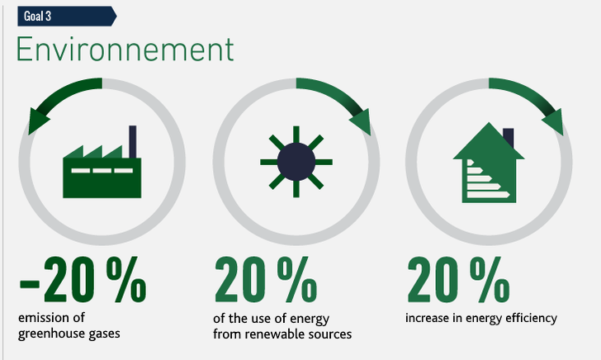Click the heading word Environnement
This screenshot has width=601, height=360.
point(125,49)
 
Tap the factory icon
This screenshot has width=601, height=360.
point(102,162)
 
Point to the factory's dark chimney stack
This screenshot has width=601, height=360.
point(133,142)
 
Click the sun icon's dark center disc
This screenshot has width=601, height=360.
point(296,162)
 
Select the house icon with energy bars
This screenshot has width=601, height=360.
point(489,163)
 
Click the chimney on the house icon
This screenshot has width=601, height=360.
point(509,137)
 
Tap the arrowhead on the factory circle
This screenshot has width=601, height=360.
point(38,121)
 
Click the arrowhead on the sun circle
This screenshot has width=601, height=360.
point(361,121)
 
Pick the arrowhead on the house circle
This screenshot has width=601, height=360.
point(553,121)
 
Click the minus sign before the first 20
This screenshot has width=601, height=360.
point(29,284)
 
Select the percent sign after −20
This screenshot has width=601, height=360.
point(126,279)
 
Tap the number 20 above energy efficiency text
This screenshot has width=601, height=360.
point(433,279)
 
